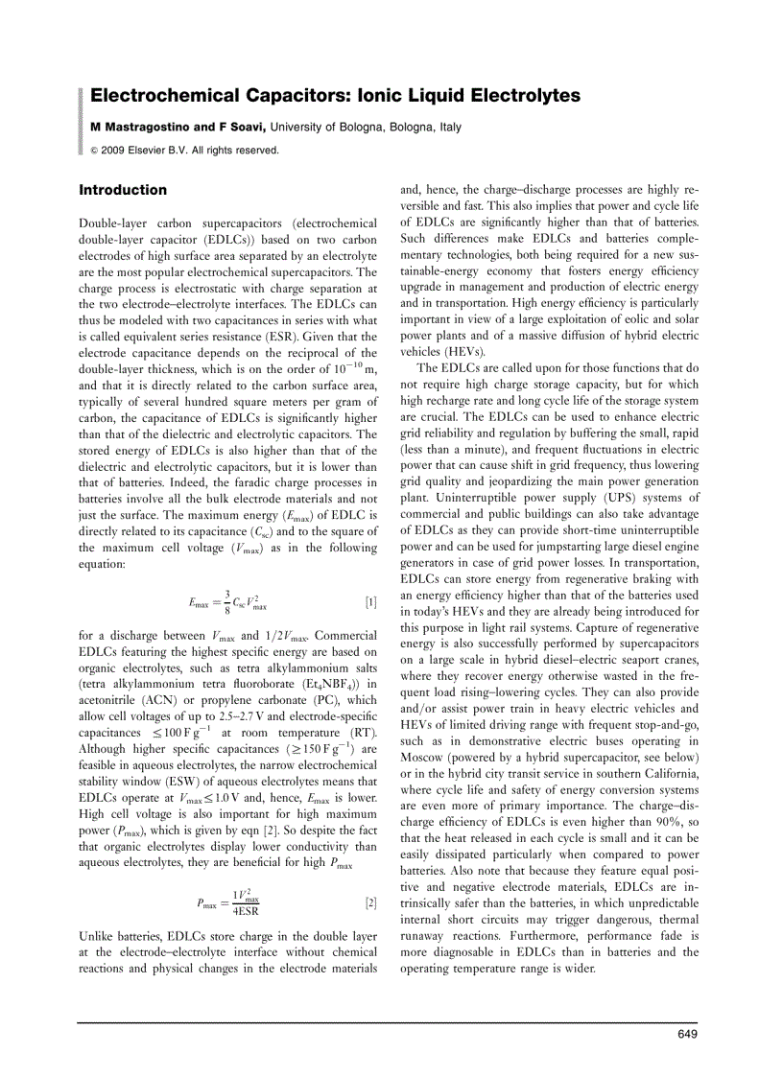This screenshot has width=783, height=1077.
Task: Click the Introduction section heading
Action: pos(123,190)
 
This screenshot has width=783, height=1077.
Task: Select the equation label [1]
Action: pos(371,602)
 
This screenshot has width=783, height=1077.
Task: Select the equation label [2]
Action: pos(371,902)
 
